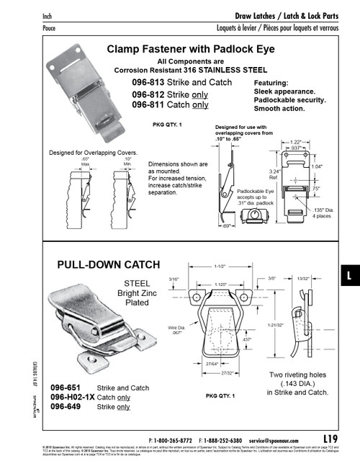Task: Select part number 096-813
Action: [148, 84]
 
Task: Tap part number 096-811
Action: [148, 104]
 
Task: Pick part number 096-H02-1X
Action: [71, 397]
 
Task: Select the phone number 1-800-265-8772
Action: [176, 438]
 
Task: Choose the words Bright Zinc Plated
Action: [137, 300]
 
